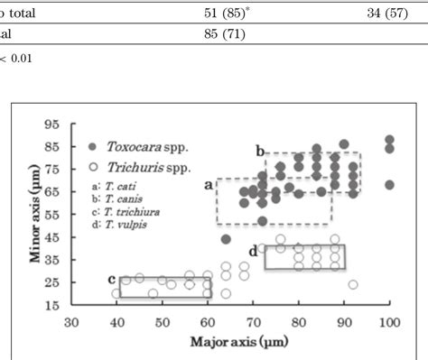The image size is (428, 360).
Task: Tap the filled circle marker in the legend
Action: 92,143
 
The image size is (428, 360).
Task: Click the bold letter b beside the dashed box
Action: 259,150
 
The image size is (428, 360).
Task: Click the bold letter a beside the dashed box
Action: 207,184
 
